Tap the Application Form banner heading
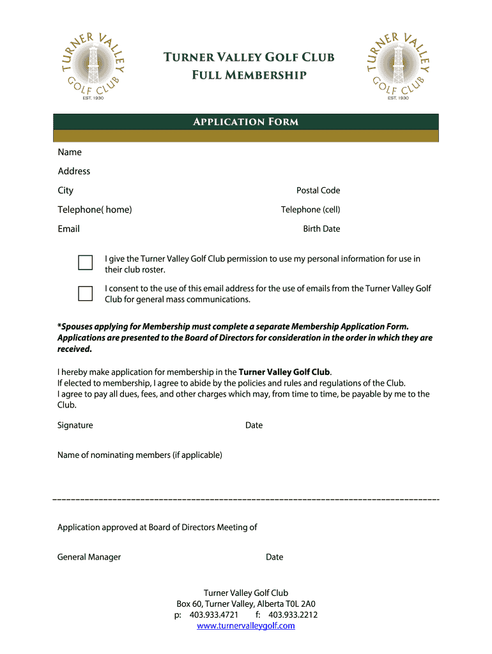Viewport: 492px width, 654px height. pos(246,122)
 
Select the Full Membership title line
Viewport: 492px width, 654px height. pos(249,76)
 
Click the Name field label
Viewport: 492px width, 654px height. pos(70,152)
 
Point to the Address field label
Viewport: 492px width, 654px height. pos(74,171)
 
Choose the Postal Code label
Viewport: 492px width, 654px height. pos(318,190)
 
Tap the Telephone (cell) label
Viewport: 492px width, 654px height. pos(311,209)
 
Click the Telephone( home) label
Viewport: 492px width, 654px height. pos(95,209)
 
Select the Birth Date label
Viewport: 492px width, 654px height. pos(321,229)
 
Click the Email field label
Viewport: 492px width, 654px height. pos(68,229)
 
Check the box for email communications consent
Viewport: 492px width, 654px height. pos(85,293)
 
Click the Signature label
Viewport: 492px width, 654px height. pos(75,425)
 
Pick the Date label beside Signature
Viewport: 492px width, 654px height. pos(254,425)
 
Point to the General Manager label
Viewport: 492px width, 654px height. pos(89,557)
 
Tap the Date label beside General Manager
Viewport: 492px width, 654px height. pos(274,557)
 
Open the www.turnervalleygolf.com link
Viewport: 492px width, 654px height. pos(246,626)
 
